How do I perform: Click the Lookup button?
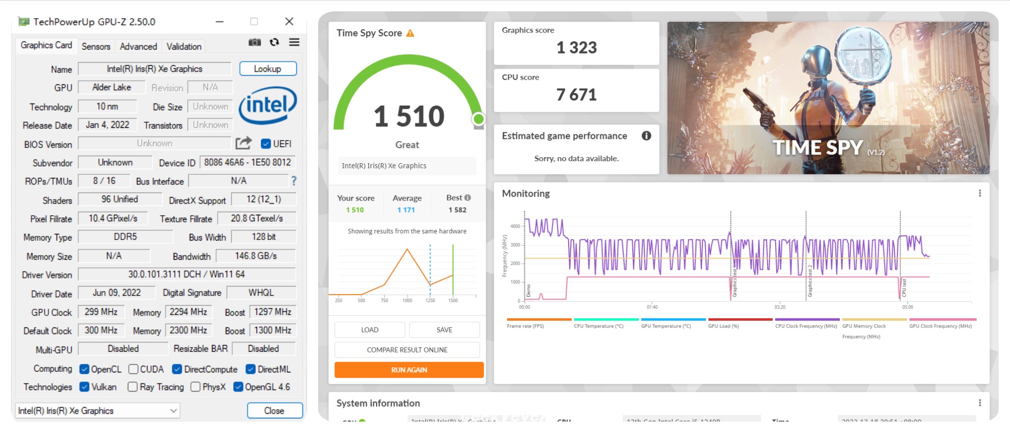268,69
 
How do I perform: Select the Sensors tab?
96,46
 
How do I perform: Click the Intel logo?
268,106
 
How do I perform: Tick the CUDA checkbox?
133,369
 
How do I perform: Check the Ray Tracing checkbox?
133,387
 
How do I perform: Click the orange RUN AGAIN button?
409,370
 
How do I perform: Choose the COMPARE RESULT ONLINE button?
407,350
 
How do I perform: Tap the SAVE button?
444,330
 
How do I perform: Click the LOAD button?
370,330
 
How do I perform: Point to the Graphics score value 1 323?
576,48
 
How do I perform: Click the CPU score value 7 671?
576,95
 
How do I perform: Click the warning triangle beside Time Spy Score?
410,33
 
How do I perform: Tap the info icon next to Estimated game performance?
646,136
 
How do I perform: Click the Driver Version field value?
186,274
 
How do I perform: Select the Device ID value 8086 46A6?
247,163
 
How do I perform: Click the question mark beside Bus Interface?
294,181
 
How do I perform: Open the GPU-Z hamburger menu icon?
294,42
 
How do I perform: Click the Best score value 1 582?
458,210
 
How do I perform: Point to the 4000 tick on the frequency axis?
515,226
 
